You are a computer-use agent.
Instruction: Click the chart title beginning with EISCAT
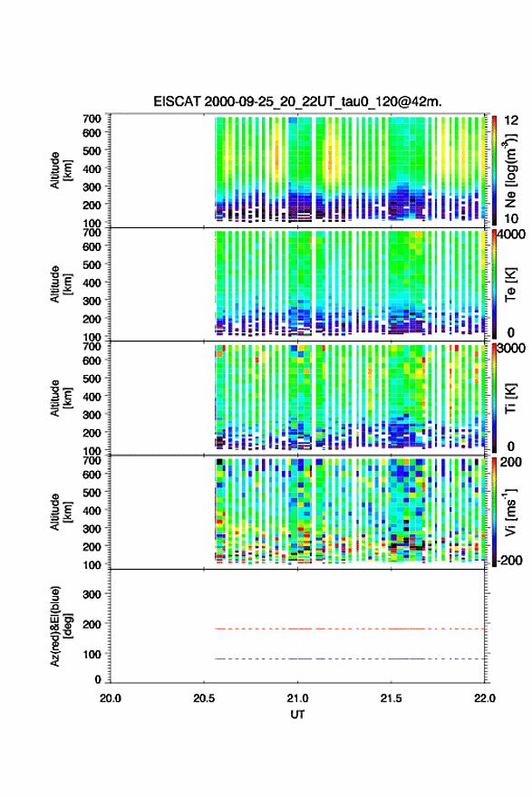(297, 101)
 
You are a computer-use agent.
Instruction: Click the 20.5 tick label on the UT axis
(203, 698)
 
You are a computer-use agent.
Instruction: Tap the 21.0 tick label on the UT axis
(297, 698)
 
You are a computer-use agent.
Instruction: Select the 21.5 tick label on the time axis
(391, 698)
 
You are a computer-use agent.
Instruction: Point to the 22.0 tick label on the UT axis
(484, 698)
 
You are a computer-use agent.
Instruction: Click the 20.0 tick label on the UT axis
(111, 698)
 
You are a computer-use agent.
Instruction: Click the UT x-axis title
(297, 715)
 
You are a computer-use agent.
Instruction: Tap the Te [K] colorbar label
(510, 284)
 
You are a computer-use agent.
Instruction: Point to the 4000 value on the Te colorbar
(511, 235)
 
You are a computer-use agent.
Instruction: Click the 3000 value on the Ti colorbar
(511, 348)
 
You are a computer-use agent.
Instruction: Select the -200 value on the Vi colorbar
(509, 560)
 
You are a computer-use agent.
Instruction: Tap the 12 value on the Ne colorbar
(511, 120)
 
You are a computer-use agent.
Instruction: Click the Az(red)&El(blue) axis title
(61, 626)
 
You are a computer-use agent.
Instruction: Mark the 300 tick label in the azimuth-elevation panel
(92, 594)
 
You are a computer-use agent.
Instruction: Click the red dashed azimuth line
(350, 629)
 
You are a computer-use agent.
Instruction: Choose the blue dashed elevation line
(350, 658)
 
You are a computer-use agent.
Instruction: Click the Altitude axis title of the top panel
(61, 170)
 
